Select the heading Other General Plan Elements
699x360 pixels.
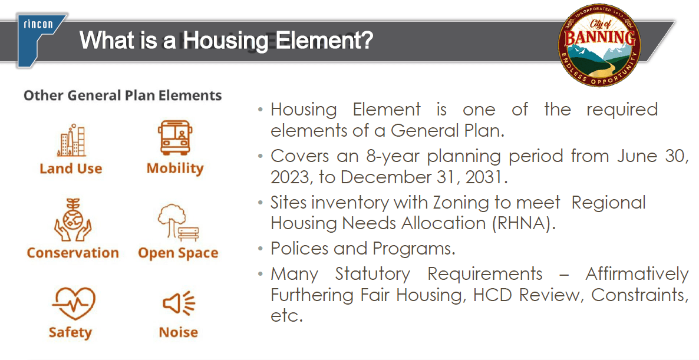tap(123, 95)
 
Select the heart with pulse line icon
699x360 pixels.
tap(72, 303)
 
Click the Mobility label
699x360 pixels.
tap(174, 169)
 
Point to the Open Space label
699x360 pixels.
tap(178, 253)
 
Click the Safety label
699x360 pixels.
tap(70, 332)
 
